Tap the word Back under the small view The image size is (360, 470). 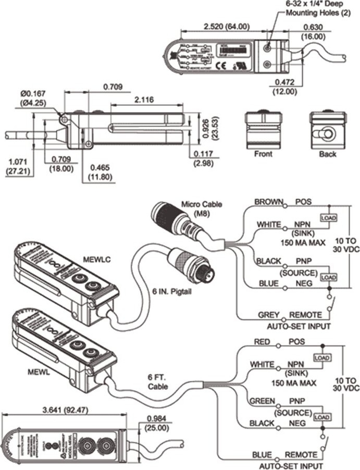pyautogui.click(x=327, y=154)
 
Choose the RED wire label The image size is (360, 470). pyautogui.click(x=262, y=342)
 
